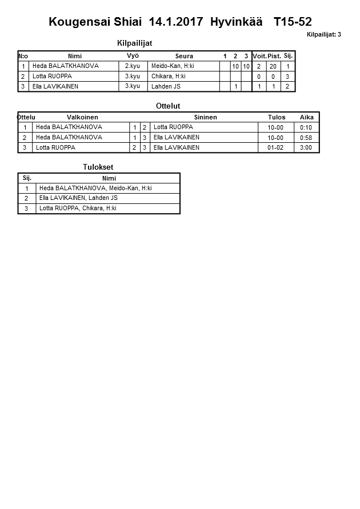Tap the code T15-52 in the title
293,22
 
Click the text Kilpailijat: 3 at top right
323,35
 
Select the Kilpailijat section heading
134,43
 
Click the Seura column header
184,56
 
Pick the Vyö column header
133,55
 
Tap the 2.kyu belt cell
132,66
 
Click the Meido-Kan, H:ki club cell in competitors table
173,66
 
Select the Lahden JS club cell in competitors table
166,86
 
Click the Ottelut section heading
168,106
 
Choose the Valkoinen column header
82,117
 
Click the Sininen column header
205,117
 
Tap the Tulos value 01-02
275,147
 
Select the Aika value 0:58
306,138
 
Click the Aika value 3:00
306,147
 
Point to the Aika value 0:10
306,127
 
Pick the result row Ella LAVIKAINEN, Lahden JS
78,198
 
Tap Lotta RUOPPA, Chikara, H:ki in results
78,209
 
